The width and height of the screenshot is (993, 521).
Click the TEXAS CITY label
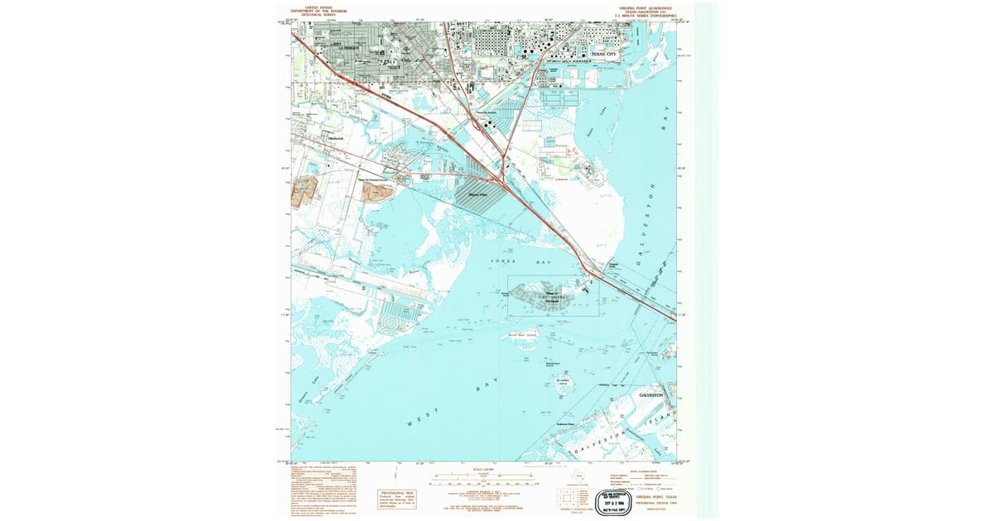(604, 55)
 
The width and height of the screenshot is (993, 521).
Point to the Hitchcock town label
(334, 138)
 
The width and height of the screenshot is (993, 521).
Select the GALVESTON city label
(653, 396)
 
